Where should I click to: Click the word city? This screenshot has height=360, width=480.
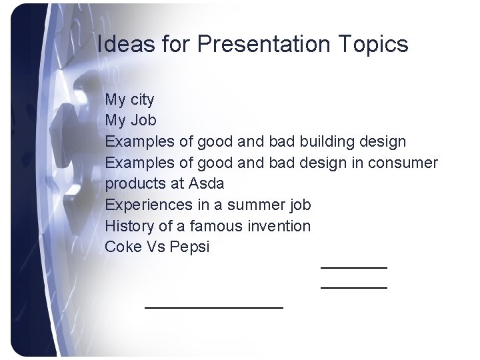tap(142, 101)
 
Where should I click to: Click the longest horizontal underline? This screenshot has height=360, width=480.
tap(214, 307)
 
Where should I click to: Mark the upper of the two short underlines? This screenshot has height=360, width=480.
tap(353, 267)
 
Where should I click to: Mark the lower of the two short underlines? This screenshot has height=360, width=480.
tap(353, 287)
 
